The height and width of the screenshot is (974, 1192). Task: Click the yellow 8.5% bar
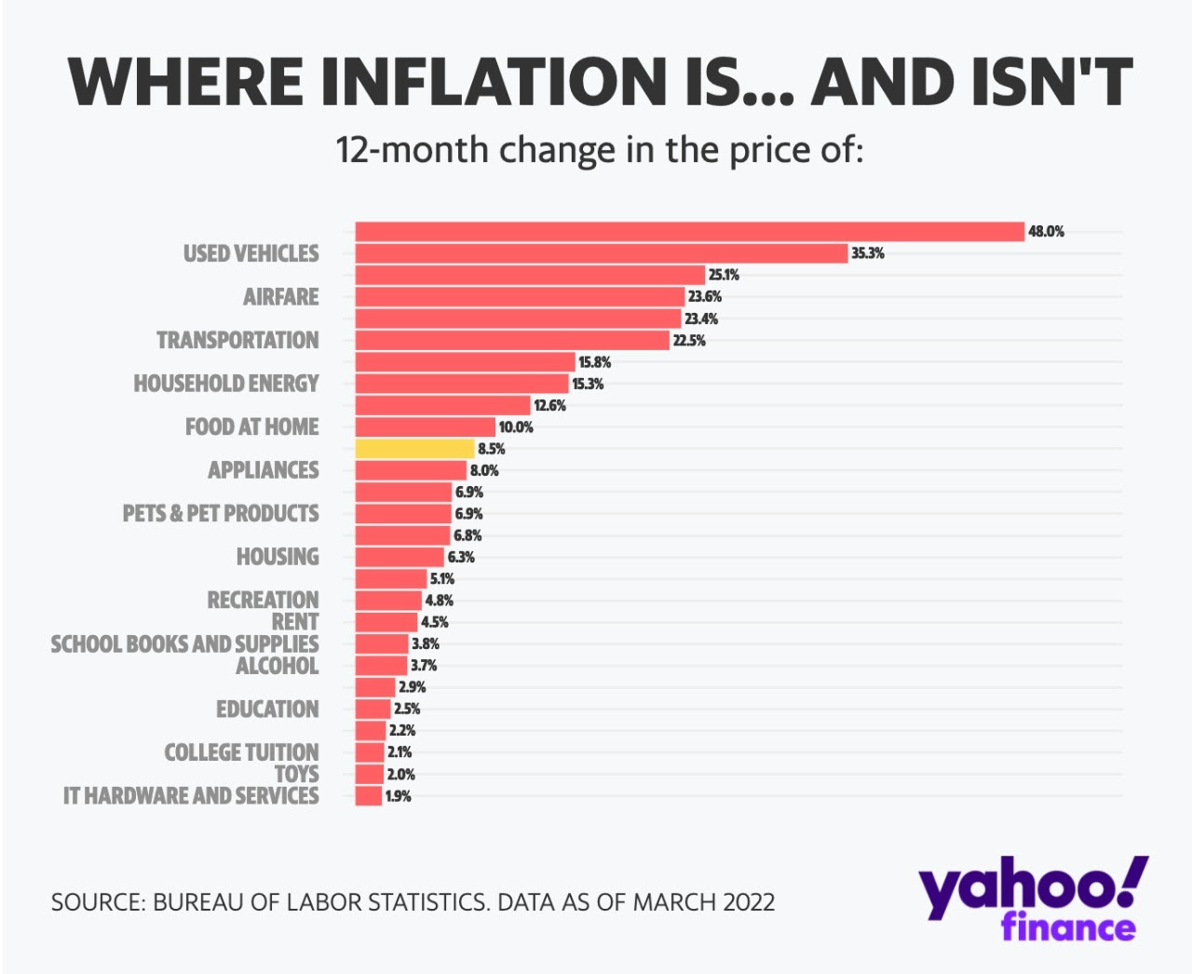click(414, 449)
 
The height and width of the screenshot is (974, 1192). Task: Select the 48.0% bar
click(689, 232)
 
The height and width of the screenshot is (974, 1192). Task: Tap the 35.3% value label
click(868, 253)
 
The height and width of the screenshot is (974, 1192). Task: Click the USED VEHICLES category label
click(251, 253)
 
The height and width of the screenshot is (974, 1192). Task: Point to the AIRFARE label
click(280, 297)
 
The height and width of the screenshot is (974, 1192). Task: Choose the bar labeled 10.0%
click(425, 427)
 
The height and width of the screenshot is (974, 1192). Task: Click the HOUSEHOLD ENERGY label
click(225, 384)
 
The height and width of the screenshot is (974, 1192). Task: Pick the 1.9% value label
click(399, 796)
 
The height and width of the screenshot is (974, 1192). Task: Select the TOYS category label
click(296, 774)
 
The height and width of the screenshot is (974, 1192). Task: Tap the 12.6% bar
click(442, 405)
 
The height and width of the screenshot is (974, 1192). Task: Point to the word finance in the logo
click(1068, 928)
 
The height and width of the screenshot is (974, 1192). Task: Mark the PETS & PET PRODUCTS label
click(221, 514)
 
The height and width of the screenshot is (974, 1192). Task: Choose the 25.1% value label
click(724, 275)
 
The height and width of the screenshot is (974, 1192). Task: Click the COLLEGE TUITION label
click(241, 752)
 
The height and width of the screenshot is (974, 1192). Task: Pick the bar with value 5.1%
click(391, 579)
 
